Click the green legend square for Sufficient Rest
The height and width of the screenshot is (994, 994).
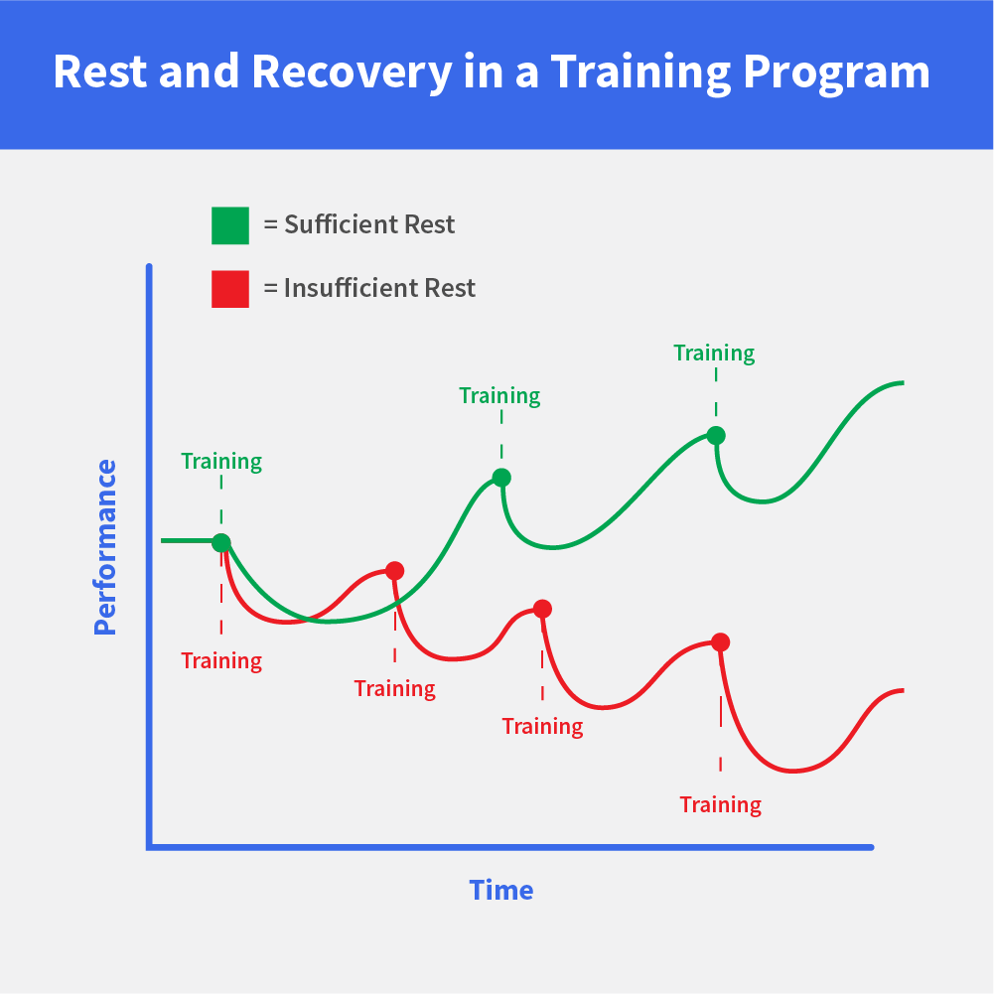pyautogui.click(x=230, y=225)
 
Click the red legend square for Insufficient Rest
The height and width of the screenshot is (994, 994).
pyautogui.click(x=230, y=289)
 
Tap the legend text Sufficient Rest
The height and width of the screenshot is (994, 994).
pyautogui.click(x=369, y=224)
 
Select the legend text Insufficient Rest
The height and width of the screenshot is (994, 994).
pyautogui.click(x=379, y=288)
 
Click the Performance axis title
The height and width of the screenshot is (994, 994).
pyautogui.click(x=105, y=547)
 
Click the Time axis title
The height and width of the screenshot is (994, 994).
pyautogui.click(x=500, y=891)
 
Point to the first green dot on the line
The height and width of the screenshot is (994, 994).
pyautogui.click(x=221, y=542)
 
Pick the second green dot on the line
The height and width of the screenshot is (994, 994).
pyautogui.click(x=501, y=478)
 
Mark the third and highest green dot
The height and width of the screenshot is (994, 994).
pyautogui.click(x=716, y=436)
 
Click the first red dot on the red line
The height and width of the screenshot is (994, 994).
pyautogui.click(x=395, y=571)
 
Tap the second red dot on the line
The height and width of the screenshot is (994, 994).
pyautogui.click(x=542, y=609)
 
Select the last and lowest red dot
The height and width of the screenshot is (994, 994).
pyautogui.click(x=720, y=642)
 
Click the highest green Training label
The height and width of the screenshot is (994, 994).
pyautogui.click(x=714, y=354)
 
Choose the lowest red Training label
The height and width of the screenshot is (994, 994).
pyautogui.click(x=720, y=805)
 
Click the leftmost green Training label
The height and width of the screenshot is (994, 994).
pyautogui.click(x=221, y=462)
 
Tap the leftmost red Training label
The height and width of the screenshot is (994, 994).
pyautogui.click(x=221, y=661)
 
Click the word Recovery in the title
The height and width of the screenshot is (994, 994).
pyautogui.click(x=352, y=72)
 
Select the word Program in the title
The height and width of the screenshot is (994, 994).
pyautogui.click(x=836, y=72)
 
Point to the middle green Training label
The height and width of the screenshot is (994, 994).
pyautogui.click(x=499, y=396)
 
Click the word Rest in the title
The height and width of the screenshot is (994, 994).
pyautogui.click(x=100, y=71)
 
